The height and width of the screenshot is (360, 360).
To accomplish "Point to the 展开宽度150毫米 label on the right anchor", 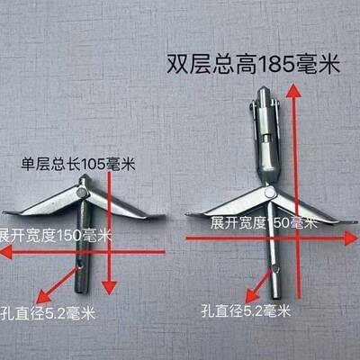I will tap(256, 220).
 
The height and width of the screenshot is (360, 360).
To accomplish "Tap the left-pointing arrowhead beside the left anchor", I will tap(7, 254).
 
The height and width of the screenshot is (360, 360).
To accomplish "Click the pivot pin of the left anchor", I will tap(83, 192).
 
